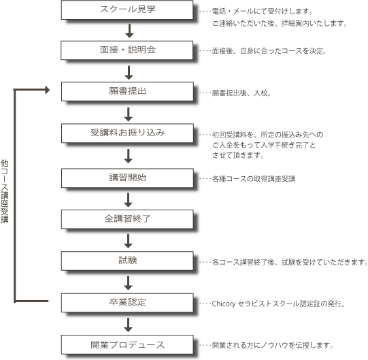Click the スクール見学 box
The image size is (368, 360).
[x=127, y=11]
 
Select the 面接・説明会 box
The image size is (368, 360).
[x=127, y=50]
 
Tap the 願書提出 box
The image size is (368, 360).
[x=127, y=91]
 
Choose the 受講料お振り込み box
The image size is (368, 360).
[x=127, y=133]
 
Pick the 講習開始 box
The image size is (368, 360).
[x=127, y=178]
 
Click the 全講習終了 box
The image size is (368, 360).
[x=127, y=219]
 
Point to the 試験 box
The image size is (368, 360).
[x=127, y=260]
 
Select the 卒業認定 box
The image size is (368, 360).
[x=127, y=302]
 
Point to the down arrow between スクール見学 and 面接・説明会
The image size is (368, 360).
[x=129, y=31]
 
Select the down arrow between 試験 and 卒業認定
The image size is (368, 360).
[x=129, y=281]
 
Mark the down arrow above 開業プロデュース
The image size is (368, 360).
[x=129, y=323]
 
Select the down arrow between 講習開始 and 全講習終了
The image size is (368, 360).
[x=129, y=199]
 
